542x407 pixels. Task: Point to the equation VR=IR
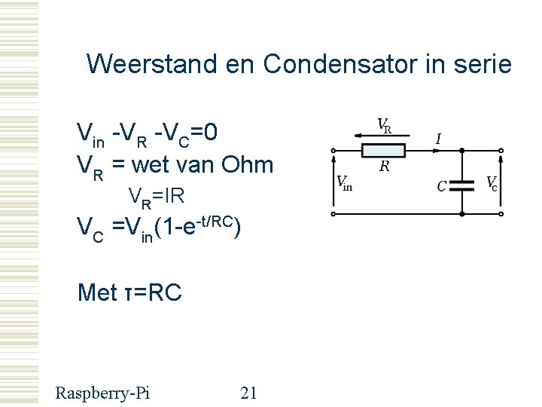pyautogui.click(x=157, y=197)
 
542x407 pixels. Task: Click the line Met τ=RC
pyautogui.click(x=129, y=292)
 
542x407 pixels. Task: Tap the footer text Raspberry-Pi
pyautogui.click(x=102, y=393)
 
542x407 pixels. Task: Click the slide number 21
pyautogui.click(x=248, y=393)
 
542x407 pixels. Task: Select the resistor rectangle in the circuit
pyautogui.click(x=383, y=151)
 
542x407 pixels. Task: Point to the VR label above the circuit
pyautogui.click(x=384, y=124)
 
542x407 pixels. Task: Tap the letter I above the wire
pyautogui.click(x=438, y=139)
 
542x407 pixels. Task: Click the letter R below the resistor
pyautogui.click(x=384, y=167)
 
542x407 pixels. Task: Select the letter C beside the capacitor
pyautogui.click(x=442, y=185)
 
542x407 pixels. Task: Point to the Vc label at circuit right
pyautogui.click(x=491, y=182)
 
